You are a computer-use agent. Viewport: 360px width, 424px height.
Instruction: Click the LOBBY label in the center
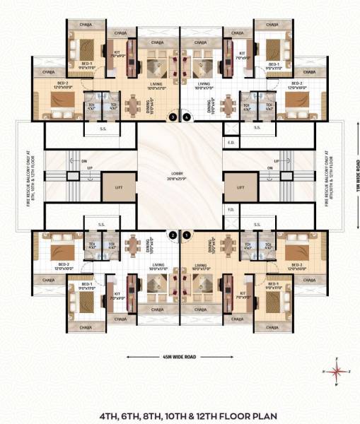[180, 173]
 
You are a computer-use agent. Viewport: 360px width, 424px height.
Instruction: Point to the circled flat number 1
[187, 235]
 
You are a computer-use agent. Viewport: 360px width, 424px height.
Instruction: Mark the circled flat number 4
[187, 117]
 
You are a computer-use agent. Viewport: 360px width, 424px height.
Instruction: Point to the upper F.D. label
[231, 142]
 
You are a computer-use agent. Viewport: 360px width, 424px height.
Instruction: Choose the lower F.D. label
[231, 210]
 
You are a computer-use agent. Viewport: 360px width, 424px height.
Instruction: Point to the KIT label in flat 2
[117, 291]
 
